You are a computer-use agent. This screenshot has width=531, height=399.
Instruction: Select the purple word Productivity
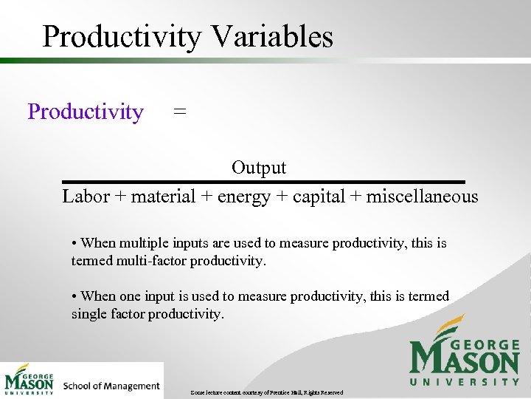[86, 112]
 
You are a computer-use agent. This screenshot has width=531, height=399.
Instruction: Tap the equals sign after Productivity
[179, 112]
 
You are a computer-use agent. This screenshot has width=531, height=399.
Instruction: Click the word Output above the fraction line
[259, 168]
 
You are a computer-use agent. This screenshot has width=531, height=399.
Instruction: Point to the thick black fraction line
[263, 182]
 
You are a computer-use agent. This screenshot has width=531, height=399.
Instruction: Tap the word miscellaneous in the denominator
[422, 197]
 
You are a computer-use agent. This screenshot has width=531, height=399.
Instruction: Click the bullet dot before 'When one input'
[74, 296]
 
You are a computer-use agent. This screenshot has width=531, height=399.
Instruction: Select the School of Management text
[111, 386]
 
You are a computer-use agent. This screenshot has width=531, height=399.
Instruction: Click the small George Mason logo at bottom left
[29, 380]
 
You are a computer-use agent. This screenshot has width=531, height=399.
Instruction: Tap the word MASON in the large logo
[465, 360]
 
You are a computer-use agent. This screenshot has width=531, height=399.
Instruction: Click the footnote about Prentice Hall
[266, 392]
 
